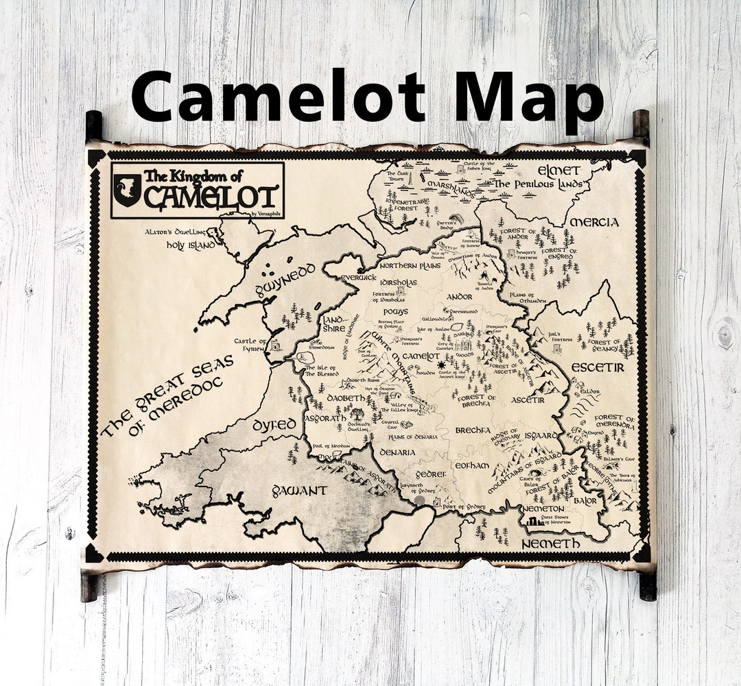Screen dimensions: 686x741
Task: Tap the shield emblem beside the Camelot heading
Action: click(128, 189)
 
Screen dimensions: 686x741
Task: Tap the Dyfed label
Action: click(274, 425)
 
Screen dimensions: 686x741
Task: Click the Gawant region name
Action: click(299, 491)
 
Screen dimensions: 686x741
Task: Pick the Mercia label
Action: click(594, 222)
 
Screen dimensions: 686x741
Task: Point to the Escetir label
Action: click(598, 367)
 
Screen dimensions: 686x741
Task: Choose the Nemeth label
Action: click(550, 543)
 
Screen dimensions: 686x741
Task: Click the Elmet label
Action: click(558, 171)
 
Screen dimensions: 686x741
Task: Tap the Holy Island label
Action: click(191, 244)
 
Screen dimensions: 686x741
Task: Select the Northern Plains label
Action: click(410, 265)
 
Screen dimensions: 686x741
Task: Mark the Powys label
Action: click(395, 312)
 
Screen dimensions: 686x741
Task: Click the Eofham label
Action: click(471, 465)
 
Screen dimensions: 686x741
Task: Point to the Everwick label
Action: click(358, 278)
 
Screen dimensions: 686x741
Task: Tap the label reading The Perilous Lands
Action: click(539, 184)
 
